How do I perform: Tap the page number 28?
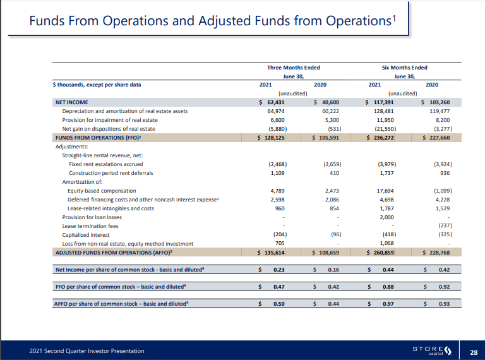[x=473, y=351]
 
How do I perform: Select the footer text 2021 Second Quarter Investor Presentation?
[x=87, y=351]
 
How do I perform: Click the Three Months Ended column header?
[x=294, y=68]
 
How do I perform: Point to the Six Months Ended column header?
[x=404, y=68]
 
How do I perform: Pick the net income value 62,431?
[x=276, y=102]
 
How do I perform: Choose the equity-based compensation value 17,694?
[x=384, y=190]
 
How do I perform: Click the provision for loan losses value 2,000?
[x=385, y=217]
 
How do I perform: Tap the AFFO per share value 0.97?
[x=388, y=304]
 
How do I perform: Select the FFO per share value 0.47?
[x=277, y=287]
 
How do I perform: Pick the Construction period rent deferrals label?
[x=111, y=172]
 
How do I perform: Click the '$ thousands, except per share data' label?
[x=97, y=84]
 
